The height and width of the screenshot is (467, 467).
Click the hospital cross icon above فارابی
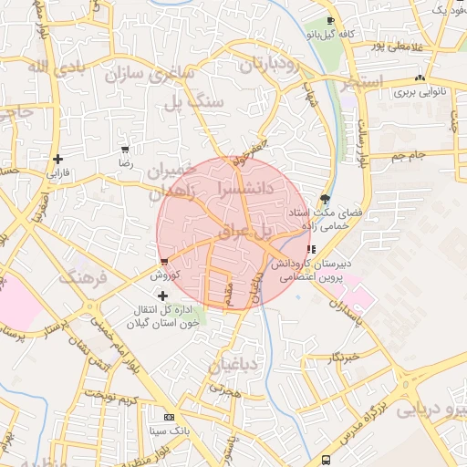coord(57,158)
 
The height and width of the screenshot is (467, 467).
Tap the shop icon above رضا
coord(125,149)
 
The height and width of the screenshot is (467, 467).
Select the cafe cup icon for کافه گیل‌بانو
coord(331,20)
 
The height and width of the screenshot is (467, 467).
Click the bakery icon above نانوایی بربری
coord(420,78)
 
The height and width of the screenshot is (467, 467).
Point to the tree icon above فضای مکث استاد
coord(326,199)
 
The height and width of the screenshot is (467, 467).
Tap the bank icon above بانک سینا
coord(167,416)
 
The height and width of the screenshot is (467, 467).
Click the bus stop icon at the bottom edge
coord(327,461)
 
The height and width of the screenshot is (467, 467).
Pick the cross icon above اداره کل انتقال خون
coord(163,295)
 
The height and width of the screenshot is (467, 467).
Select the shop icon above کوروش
coord(163,261)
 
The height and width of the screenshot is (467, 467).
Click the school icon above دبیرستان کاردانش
coord(311,249)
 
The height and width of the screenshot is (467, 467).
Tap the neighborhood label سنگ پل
coord(192,102)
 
